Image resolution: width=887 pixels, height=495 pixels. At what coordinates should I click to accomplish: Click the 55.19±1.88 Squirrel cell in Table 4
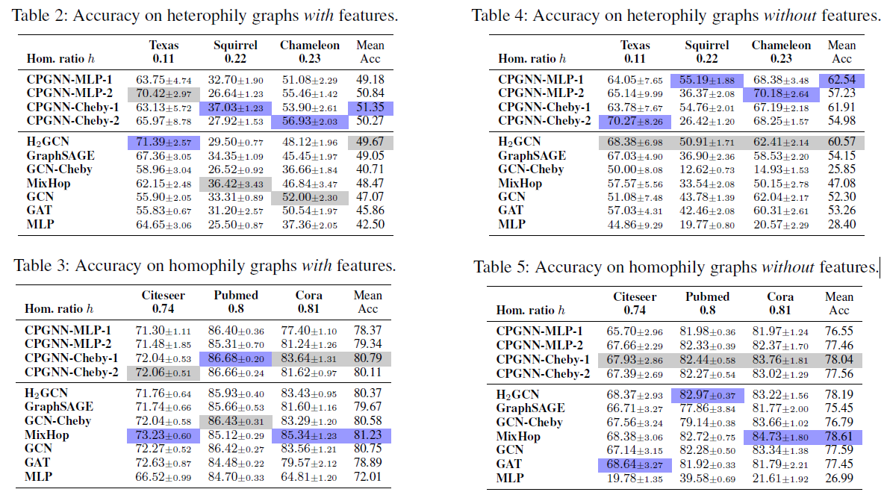[x=706, y=80]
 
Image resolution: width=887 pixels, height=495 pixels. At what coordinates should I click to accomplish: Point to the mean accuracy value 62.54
[x=841, y=80]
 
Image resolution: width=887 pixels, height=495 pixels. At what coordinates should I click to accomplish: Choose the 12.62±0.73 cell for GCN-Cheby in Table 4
[x=706, y=170]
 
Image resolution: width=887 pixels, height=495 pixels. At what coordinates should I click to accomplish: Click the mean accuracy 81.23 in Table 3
[x=368, y=435]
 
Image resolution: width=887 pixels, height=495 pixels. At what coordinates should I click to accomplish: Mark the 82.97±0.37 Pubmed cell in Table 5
[x=706, y=394]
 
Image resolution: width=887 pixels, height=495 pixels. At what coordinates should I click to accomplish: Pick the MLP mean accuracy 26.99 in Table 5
[x=839, y=478]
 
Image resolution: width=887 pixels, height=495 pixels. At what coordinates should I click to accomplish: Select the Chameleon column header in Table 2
[x=308, y=46]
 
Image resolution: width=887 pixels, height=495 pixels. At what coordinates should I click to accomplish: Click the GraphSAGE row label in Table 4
[x=532, y=156]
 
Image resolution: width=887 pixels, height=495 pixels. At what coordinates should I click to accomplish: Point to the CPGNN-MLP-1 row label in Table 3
[x=68, y=330]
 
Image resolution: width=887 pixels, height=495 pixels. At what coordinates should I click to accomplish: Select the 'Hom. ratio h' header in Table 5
[x=531, y=310]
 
